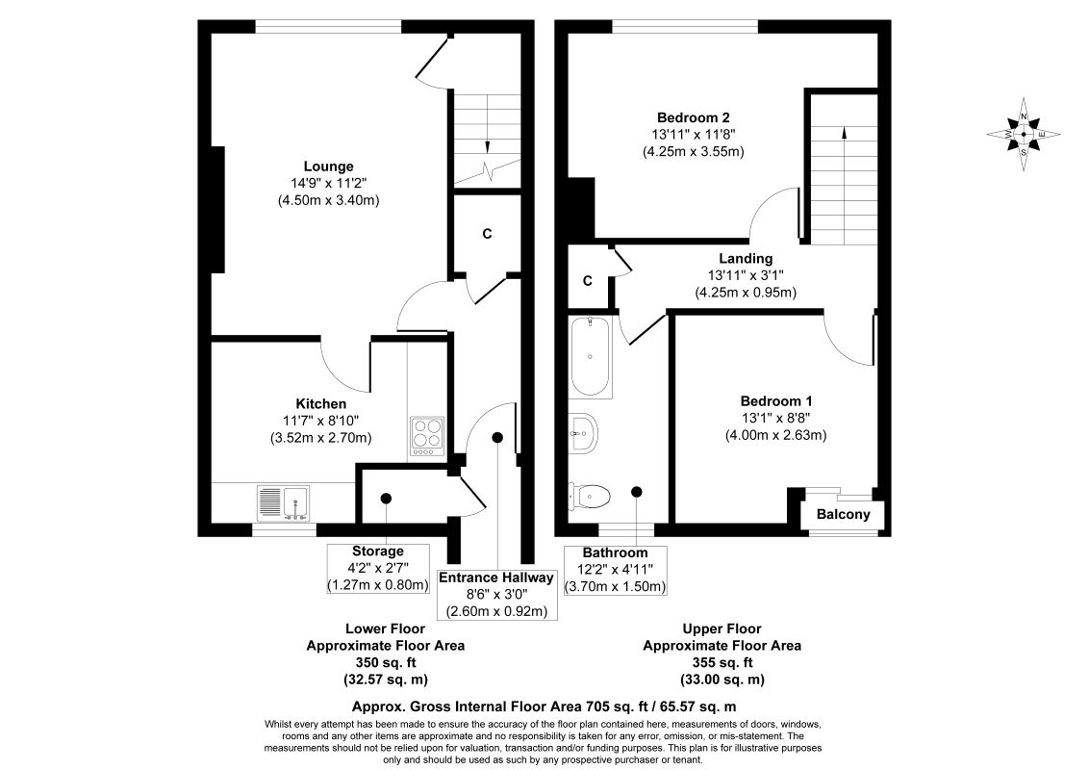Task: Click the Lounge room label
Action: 328,167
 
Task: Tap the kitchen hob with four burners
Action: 428,436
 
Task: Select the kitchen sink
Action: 284,503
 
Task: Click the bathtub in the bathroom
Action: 591,357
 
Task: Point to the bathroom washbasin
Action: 581,433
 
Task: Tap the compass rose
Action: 1024,134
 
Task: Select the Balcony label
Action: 843,514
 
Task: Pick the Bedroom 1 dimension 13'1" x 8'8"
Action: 775,419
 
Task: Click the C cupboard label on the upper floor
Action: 588,281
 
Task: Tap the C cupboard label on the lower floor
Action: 487,234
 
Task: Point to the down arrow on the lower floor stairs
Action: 487,124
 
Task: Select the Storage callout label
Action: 378,552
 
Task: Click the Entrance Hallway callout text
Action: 496,577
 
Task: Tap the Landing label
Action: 746,259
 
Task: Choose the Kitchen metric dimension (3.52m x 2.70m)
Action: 321,438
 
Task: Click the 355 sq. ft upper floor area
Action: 722,662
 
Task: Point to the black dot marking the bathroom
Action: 636,492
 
